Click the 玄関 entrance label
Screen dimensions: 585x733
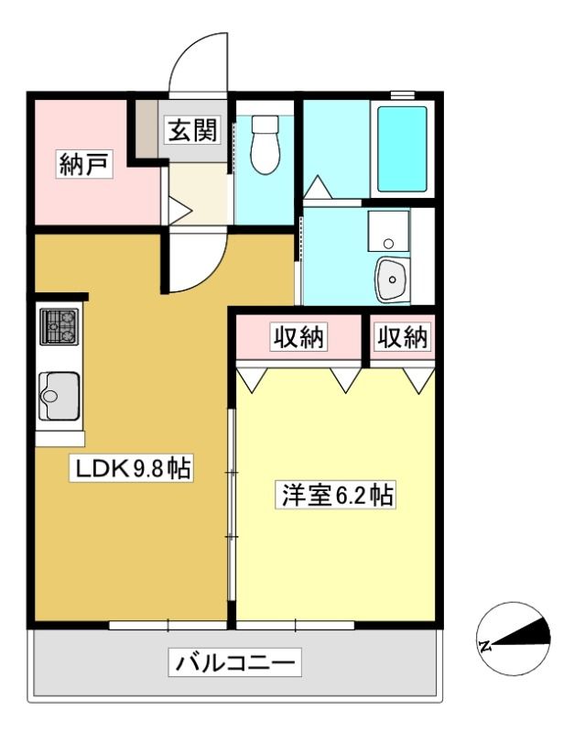click(x=193, y=129)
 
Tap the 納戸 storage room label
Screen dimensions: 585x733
click(x=85, y=164)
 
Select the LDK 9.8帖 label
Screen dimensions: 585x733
click(x=132, y=467)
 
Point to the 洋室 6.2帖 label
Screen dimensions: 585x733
click(x=335, y=495)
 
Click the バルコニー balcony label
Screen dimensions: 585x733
click(x=235, y=662)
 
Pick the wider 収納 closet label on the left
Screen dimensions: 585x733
click(x=298, y=336)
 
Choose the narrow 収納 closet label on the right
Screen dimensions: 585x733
click(x=402, y=336)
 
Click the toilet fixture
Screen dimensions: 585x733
click(x=265, y=145)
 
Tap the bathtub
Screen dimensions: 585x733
click(x=402, y=149)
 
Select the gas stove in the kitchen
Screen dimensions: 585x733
click(x=59, y=327)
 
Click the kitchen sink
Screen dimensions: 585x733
click(x=59, y=396)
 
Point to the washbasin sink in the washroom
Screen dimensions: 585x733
click(x=393, y=279)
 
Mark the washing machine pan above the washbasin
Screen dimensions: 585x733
click(x=389, y=231)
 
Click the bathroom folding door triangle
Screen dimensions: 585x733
click(x=318, y=187)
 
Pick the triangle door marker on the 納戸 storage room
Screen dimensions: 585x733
click(x=179, y=212)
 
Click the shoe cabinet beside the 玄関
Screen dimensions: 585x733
click(x=146, y=129)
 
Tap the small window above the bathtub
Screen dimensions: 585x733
click(x=403, y=94)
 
